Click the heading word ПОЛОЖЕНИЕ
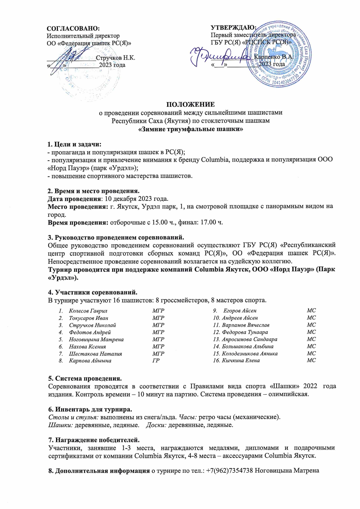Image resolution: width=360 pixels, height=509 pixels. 190,104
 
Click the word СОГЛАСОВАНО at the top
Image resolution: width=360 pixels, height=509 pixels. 73,28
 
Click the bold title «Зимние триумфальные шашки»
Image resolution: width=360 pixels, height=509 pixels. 190,129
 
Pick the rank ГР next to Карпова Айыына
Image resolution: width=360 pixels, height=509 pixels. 156,361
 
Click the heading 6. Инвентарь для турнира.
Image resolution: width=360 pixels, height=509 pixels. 90,409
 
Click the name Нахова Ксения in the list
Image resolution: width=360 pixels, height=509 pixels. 87,346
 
